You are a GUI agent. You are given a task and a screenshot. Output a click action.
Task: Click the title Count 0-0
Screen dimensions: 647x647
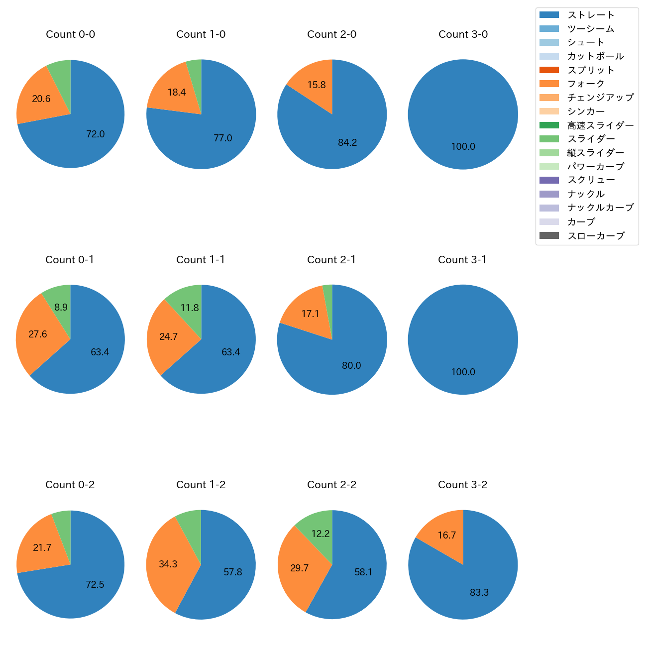pyautogui.click(x=70, y=34)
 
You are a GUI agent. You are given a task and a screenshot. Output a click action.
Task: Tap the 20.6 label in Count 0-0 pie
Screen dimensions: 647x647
pyautogui.click(x=41, y=99)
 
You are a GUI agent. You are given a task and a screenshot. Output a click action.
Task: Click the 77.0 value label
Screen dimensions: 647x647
pyautogui.click(x=223, y=138)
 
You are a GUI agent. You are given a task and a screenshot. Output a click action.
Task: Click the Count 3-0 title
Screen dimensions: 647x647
pyautogui.click(x=463, y=34)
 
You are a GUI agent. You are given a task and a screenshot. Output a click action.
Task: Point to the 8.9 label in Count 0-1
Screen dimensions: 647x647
pyautogui.click(x=61, y=308)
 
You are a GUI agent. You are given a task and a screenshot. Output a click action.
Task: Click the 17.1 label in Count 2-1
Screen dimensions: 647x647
pyautogui.click(x=310, y=314)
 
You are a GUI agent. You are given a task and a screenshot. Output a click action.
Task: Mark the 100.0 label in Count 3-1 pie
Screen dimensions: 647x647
pyautogui.click(x=463, y=372)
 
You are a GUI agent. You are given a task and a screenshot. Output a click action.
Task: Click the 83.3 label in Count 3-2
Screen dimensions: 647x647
pyautogui.click(x=479, y=593)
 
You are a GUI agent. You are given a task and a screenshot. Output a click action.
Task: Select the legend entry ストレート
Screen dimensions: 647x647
pyautogui.click(x=591, y=15)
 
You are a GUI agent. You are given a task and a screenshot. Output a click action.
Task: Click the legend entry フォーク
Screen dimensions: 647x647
pyautogui.click(x=586, y=84)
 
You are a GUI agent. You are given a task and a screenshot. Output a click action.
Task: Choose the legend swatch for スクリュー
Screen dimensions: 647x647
pyautogui.click(x=549, y=180)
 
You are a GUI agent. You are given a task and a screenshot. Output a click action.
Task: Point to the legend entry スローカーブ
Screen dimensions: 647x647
pyautogui.click(x=596, y=236)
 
